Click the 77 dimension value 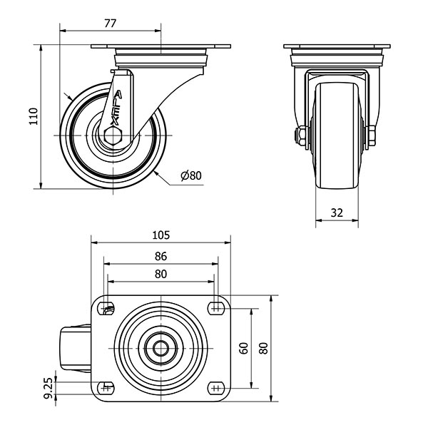pyautogui.click(x=110, y=24)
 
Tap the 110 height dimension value pyautogui.click(x=34, y=116)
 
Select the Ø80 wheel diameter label pyautogui.click(x=191, y=175)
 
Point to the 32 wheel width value pyautogui.click(x=337, y=213)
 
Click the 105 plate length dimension pyautogui.click(x=160, y=235)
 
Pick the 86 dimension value pyautogui.click(x=160, y=256)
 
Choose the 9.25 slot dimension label pyautogui.click(x=49, y=388)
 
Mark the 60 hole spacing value pyautogui.click(x=243, y=348)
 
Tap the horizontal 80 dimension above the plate pyautogui.click(x=160, y=274)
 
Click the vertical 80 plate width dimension pyautogui.click(x=263, y=348)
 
